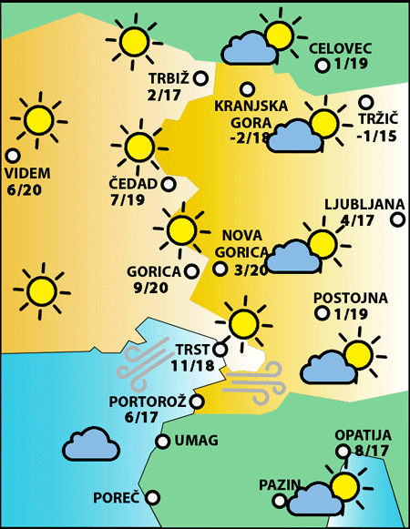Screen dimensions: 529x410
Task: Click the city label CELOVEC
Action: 341,48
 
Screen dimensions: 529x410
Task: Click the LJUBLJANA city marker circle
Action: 398,219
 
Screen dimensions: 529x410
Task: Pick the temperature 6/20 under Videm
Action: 26,189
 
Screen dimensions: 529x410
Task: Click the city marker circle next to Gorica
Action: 191,270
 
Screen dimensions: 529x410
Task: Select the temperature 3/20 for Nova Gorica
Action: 251,270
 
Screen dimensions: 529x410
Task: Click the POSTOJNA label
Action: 350,298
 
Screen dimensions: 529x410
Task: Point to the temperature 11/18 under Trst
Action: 191,365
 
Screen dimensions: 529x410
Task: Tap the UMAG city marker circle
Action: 162,442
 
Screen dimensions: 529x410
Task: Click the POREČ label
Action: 117,498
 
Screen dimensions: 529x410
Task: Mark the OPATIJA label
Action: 362,434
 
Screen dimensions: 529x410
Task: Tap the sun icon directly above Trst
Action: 242,322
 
